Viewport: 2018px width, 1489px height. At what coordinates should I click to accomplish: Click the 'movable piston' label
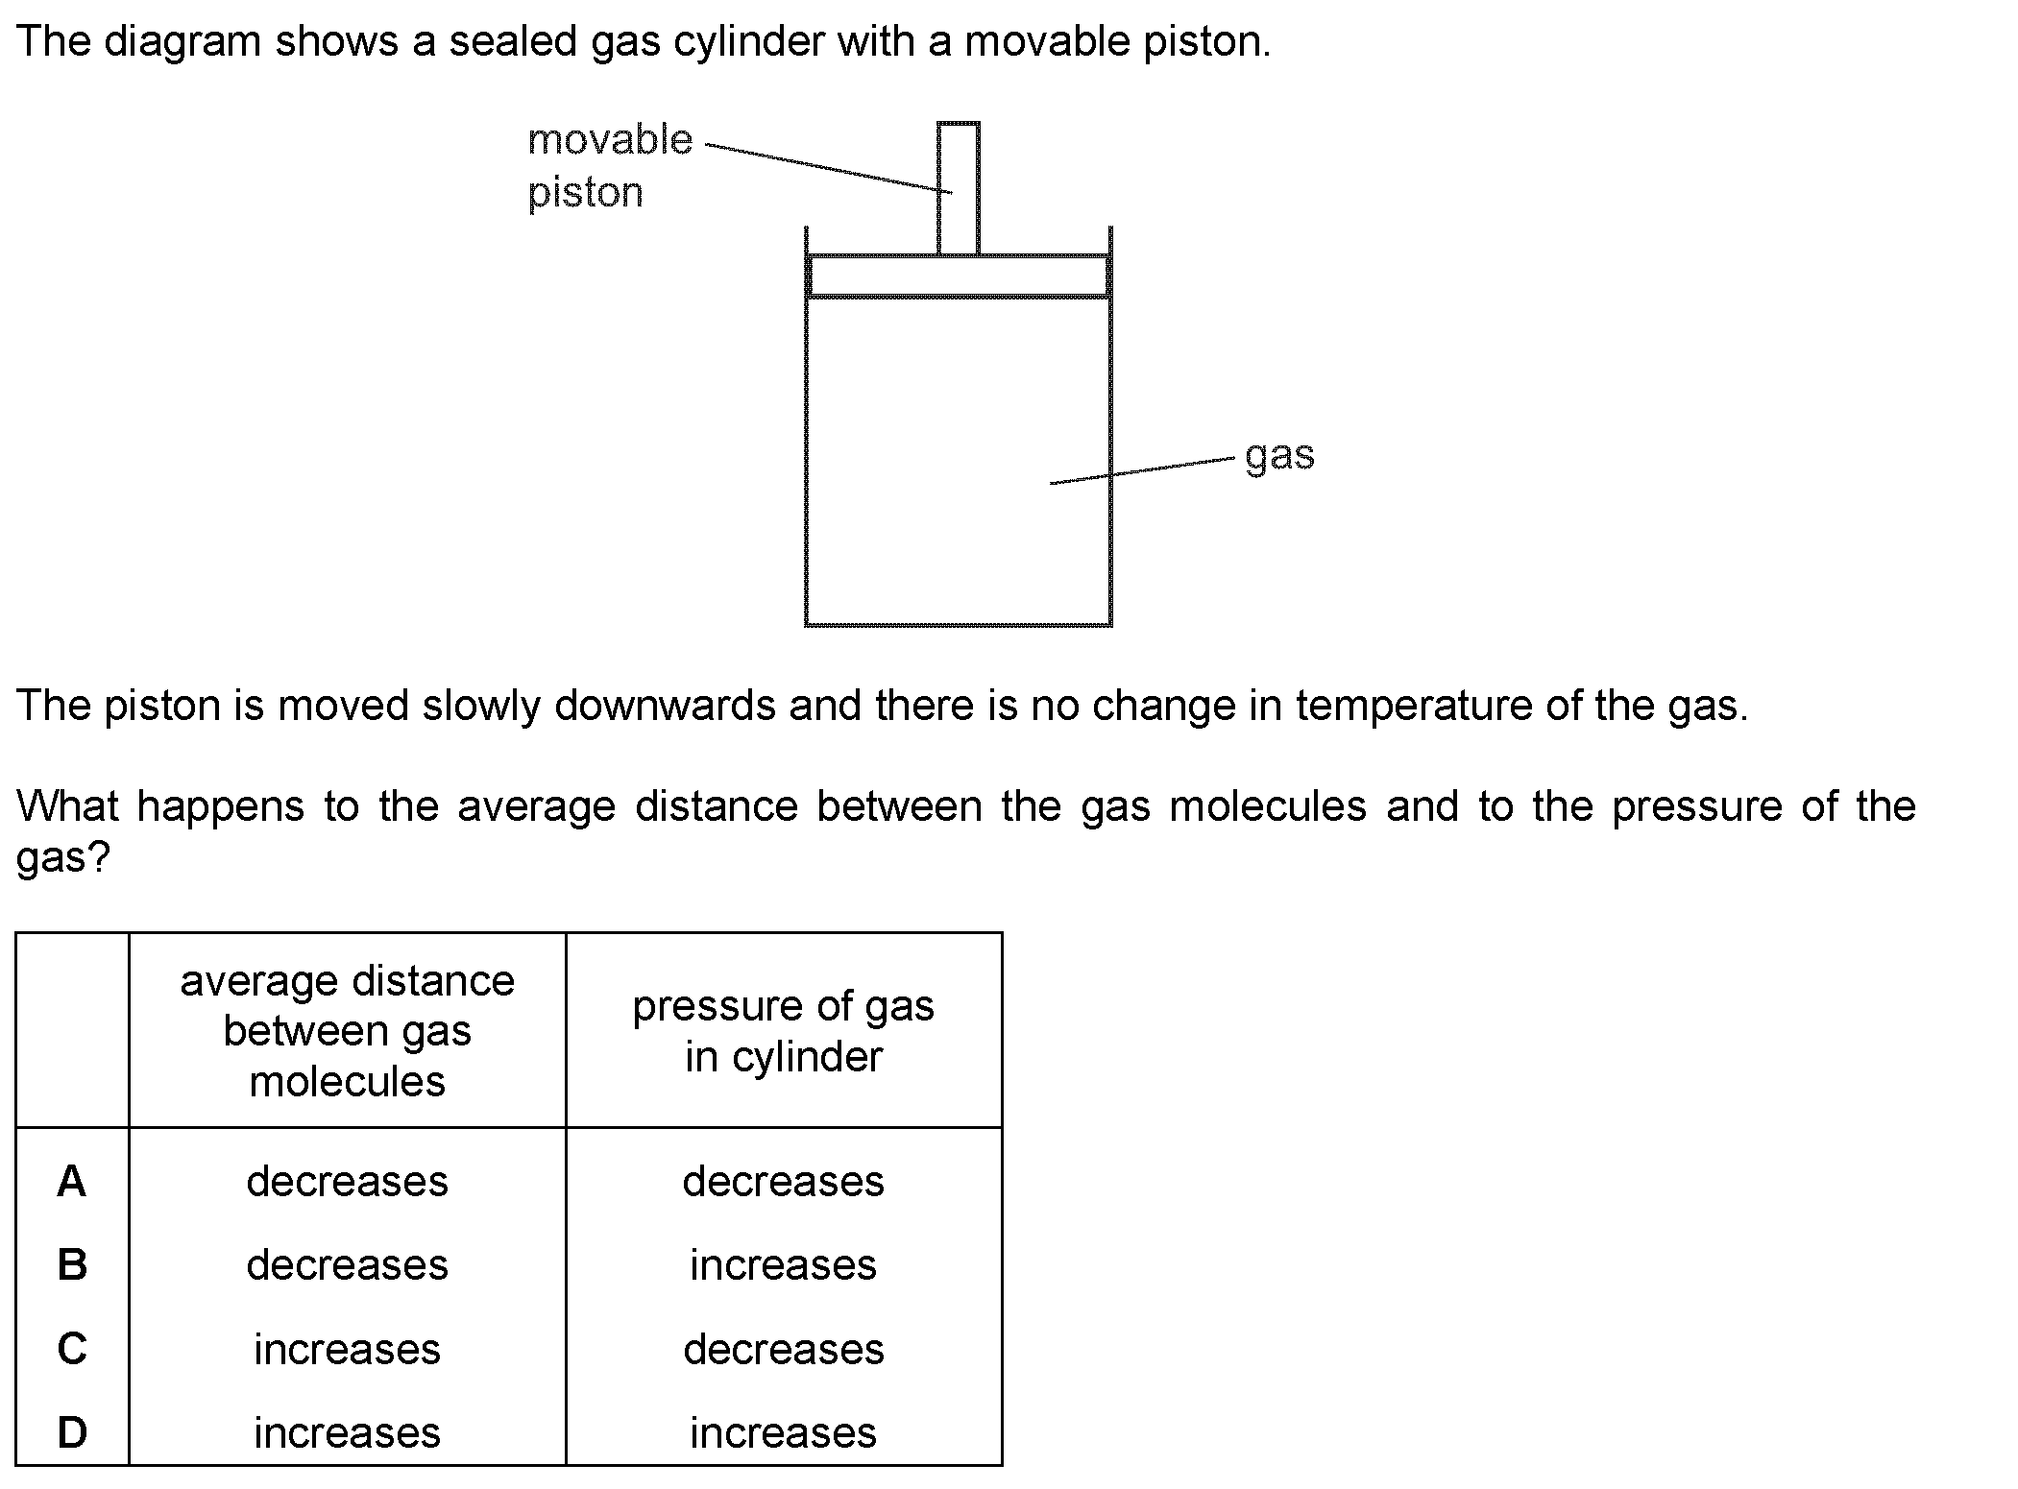[x=610, y=166]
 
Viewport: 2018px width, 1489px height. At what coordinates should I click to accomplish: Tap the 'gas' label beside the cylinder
[x=1279, y=456]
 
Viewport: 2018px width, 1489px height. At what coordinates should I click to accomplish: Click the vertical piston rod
[x=959, y=189]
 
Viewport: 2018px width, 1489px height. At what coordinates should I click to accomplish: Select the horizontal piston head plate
[x=959, y=276]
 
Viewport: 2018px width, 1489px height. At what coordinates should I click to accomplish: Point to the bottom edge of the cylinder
[x=959, y=624]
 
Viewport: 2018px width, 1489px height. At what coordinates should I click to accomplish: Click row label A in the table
[x=72, y=1182]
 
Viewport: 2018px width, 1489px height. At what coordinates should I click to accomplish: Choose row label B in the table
[x=72, y=1265]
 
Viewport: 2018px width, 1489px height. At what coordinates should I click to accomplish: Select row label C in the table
[x=72, y=1349]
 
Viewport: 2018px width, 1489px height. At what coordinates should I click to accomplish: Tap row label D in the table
[x=72, y=1432]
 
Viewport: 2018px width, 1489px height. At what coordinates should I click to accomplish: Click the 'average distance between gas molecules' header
[x=348, y=1031]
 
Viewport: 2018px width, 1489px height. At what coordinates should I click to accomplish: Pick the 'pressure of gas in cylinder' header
[x=784, y=1031]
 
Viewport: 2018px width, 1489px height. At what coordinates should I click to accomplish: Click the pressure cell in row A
[x=784, y=1182]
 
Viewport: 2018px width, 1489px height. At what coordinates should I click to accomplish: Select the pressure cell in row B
[x=784, y=1265]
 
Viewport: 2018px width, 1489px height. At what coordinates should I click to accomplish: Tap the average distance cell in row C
[x=348, y=1349]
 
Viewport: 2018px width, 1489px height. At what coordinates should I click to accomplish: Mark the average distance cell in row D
[x=348, y=1432]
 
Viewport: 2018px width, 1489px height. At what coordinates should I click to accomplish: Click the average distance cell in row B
[x=348, y=1265]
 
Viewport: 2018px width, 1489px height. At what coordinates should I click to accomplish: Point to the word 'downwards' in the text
[x=663, y=706]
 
